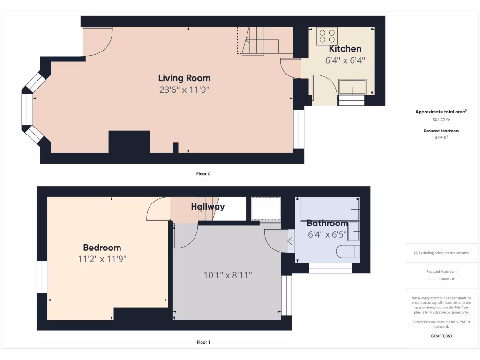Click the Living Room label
point(184,78)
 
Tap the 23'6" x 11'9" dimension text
point(184,90)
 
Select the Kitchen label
point(345,49)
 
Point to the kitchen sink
point(352,87)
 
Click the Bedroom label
point(102,247)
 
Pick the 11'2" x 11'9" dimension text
point(102,259)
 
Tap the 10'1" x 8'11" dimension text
point(228,275)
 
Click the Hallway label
point(208,207)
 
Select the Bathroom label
point(327,223)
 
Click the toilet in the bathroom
point(347,252)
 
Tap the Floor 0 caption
point(203,174)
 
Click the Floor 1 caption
point(203,342)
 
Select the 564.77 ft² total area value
point(441,120)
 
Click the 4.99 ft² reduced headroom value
point(441,138)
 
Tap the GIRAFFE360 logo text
point(441,336)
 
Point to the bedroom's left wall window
point(42,277)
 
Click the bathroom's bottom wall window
point(330,268)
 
